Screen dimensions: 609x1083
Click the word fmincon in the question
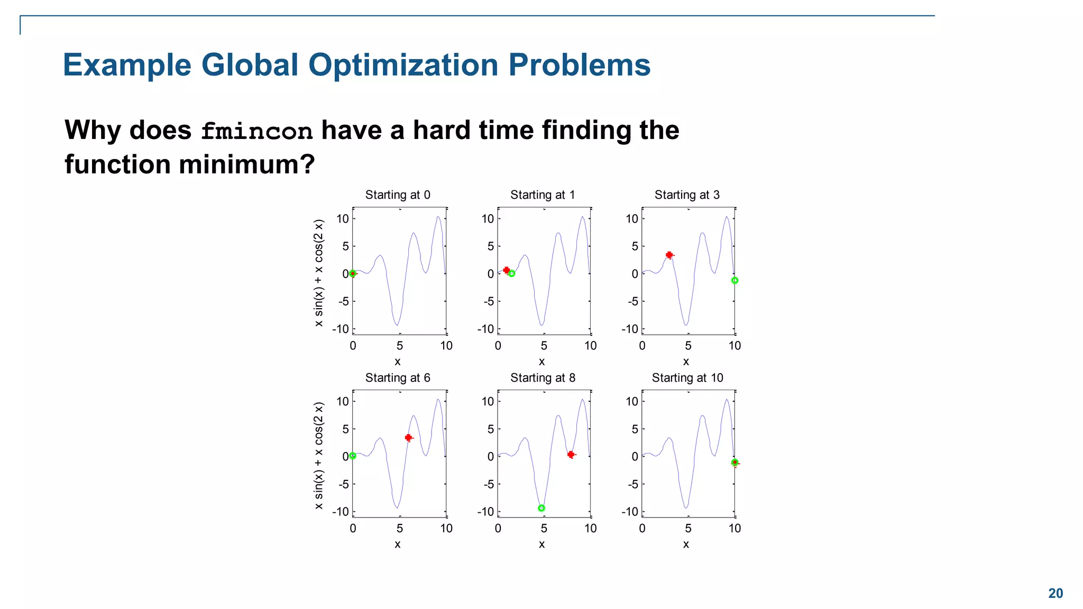point(257,131)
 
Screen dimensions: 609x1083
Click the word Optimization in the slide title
point(403,65)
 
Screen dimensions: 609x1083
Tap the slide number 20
point(1056,593)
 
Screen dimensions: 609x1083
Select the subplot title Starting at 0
point(398,195)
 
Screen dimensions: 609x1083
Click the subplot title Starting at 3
point(687,195)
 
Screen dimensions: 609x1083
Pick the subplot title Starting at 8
point(543,377)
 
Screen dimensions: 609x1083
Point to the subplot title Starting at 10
point(687,377)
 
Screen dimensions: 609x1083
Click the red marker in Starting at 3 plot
point(669,255)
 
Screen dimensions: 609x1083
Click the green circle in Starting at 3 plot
point(735,280)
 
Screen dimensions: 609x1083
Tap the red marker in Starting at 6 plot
point(408,437)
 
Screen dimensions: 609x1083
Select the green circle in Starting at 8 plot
point(541,508)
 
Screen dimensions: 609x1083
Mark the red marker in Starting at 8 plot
point(571,454)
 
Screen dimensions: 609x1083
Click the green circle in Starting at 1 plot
point(511,273)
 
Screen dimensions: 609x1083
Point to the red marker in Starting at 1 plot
point(506,270)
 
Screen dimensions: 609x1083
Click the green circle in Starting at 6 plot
point(353,456)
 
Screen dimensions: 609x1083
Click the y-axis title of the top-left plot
point(318,273)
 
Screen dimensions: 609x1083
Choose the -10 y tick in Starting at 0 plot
point(341,329)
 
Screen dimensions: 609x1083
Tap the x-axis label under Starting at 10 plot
point(686,544)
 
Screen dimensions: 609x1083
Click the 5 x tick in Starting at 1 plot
point(544,346)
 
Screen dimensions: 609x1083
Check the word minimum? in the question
point(246,164)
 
